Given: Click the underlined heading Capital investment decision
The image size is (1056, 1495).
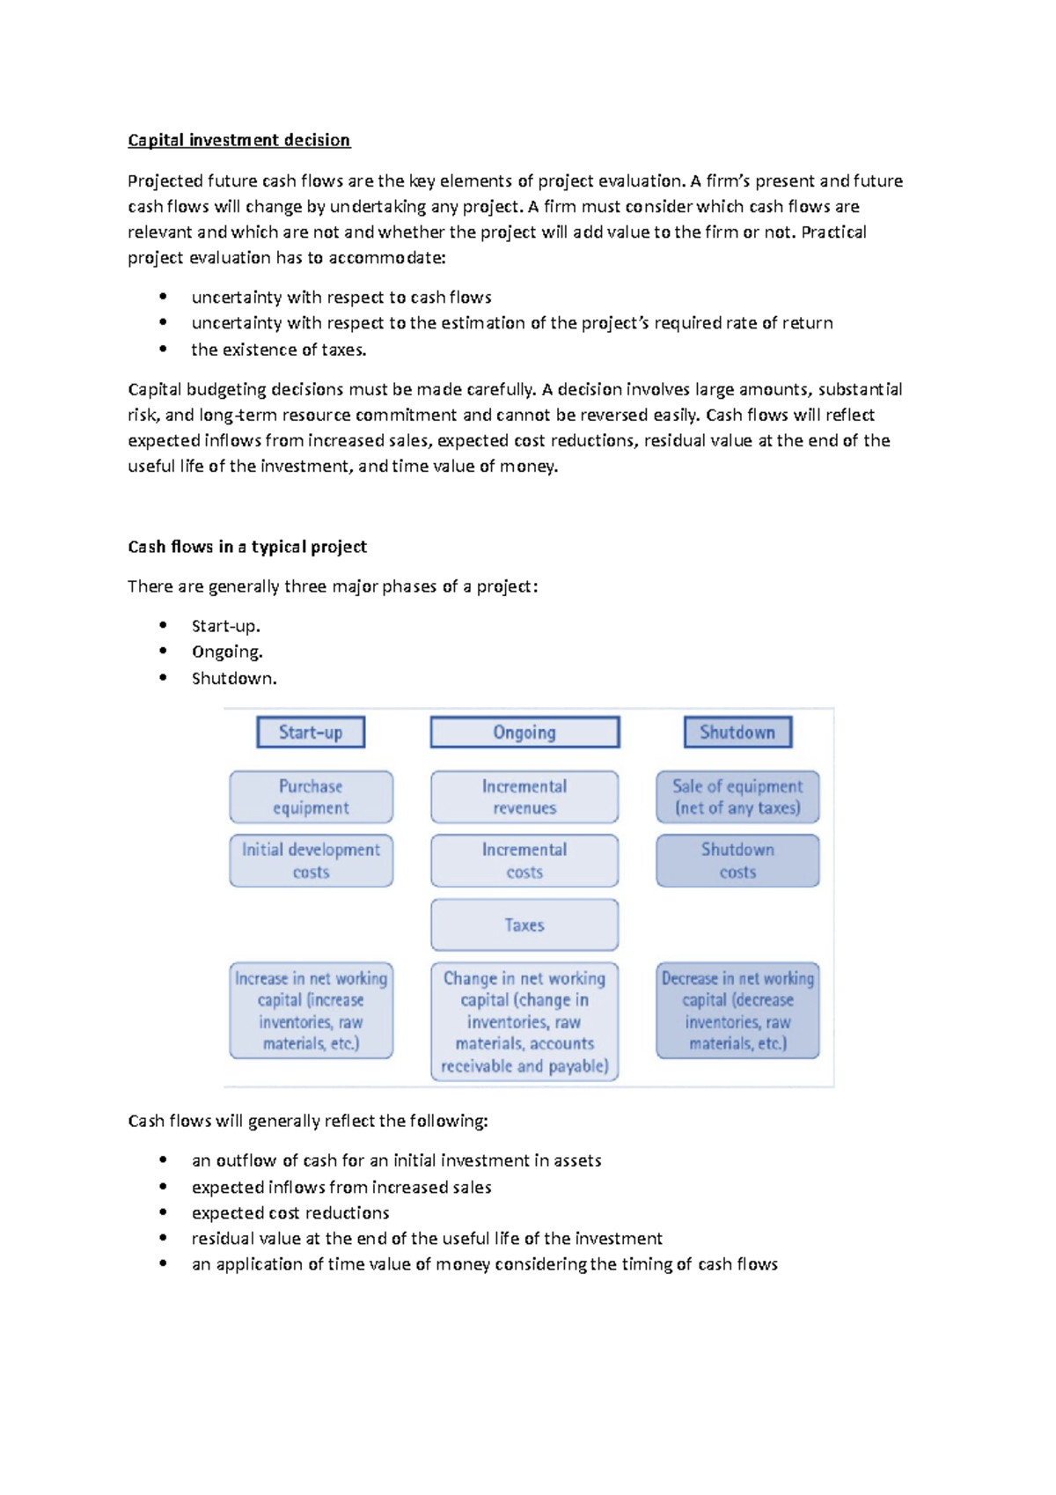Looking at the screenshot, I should coord(238,140).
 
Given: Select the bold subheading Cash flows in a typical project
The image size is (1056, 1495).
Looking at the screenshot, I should coord(246,547).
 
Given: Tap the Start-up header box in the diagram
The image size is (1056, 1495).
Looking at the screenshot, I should coord(311,733).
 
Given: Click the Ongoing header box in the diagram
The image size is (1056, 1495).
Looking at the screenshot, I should coord(524,733).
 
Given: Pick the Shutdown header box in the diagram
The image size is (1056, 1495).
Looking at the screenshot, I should coord(737,733).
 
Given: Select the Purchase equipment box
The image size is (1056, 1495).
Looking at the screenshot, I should coord(311,797).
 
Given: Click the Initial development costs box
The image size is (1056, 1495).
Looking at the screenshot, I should coord(311,861).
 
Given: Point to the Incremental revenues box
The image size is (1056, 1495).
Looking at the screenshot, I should coord(524,797).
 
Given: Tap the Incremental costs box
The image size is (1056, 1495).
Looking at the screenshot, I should coord(524,861).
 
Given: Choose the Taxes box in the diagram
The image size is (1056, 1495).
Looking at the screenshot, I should coord(524,925).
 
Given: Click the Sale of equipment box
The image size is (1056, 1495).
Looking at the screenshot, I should coord(737,797).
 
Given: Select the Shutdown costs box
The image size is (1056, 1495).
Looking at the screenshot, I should coord(737,861).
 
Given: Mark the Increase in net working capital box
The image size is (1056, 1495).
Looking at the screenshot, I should coord(311,1011).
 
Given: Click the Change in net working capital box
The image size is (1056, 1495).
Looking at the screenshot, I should coord(524,1021).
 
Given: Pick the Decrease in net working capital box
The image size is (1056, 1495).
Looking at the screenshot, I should coord(737,1011).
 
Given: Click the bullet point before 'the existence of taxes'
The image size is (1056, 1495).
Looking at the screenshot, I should coord(163,349).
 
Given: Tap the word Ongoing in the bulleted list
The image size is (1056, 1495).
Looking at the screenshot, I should coord(226,652).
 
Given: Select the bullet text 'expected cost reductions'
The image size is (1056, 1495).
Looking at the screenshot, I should coord(290,1213).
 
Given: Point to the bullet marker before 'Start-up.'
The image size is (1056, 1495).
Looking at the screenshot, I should coord(163,625).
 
